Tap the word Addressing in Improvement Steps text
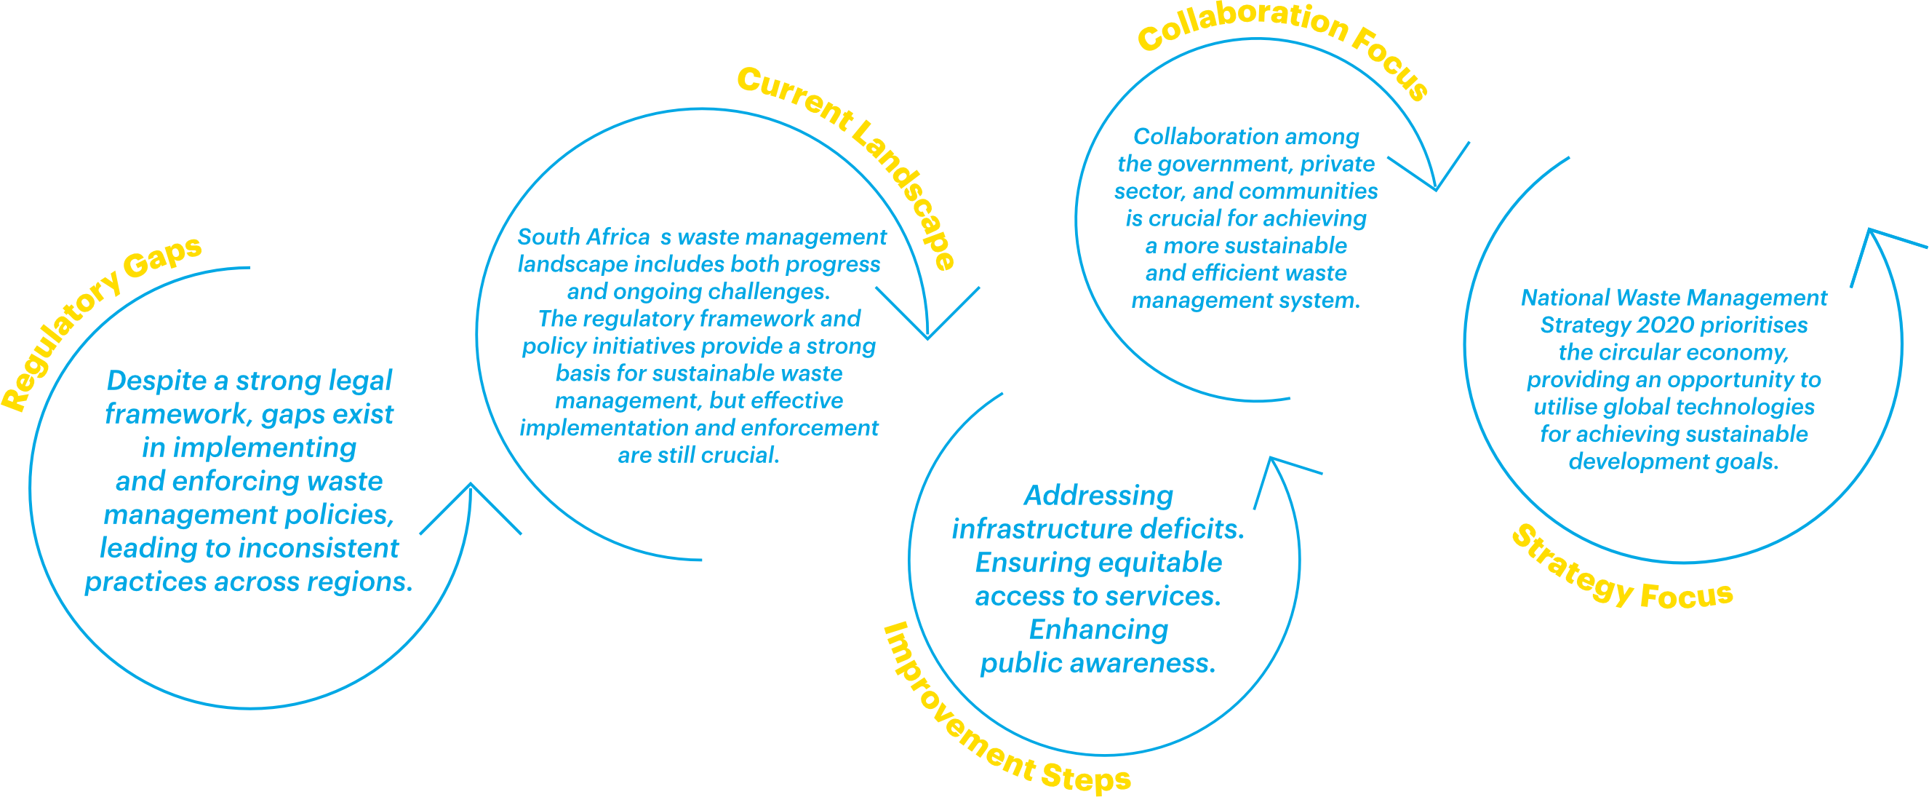tap(1098, 496)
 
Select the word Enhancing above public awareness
tap(1098, 630)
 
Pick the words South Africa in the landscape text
tap(583, 237)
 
